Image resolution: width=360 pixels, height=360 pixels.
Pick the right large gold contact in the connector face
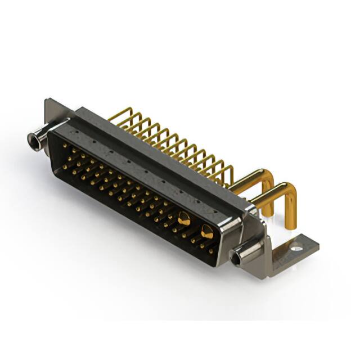click(x=206, y=231)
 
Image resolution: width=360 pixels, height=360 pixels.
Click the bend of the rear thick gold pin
click(x=269, y=176)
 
